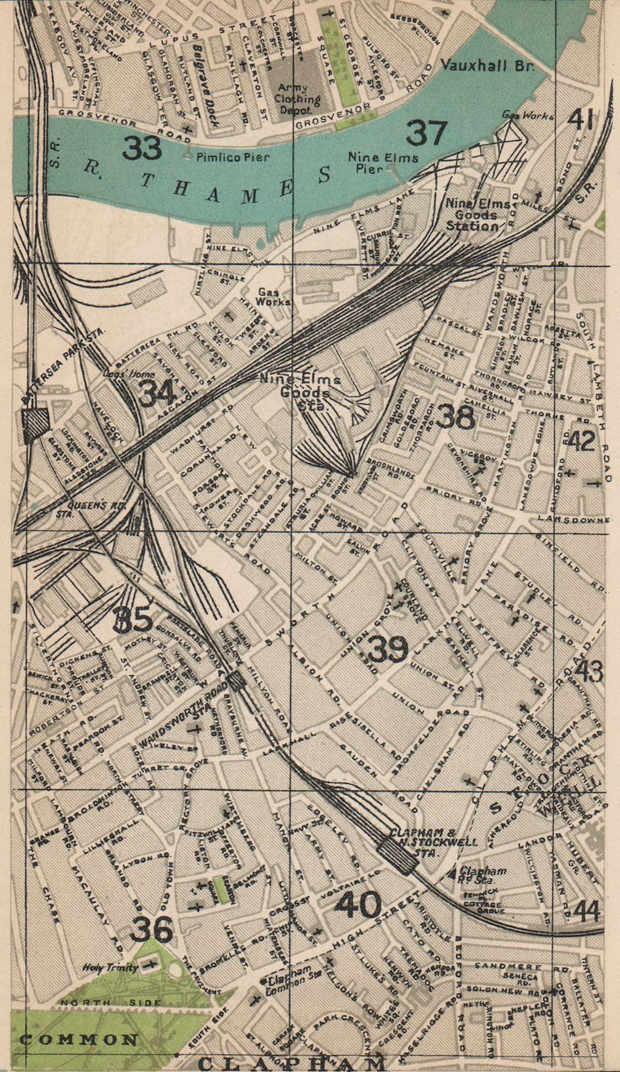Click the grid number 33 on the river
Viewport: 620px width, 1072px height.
(x=141, y=148)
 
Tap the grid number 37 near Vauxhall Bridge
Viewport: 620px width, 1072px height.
(x=426, y=133)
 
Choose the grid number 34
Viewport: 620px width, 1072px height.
(x=157, y=393)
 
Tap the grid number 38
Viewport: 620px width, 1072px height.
(x=455, y=417)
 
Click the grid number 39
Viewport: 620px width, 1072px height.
(x=388, y=649)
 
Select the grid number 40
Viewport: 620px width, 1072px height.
(x=359, y=906)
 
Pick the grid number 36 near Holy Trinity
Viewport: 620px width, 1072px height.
(x=152, y=929)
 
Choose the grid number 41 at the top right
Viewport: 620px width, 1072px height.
(x=580, y=119)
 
